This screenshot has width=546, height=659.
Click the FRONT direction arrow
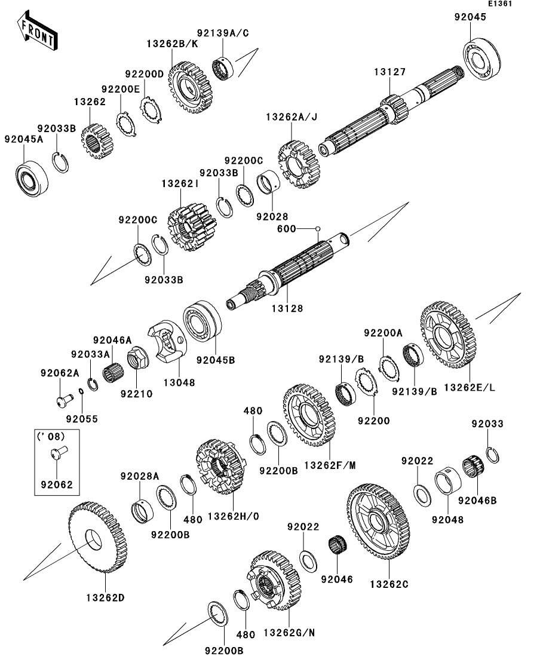coord(37,33)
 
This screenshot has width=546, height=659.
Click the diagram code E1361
coord(500,4)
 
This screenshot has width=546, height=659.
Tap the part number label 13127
coord(390,72)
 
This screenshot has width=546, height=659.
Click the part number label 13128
coord(287,308)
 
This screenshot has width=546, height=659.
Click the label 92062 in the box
coord(56,485)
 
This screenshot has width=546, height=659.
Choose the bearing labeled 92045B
coord(203,327)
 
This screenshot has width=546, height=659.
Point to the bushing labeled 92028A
coord(142,510)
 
